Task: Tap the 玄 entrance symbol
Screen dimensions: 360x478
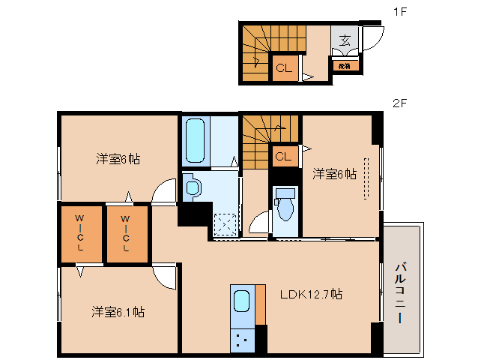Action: coord(345,40)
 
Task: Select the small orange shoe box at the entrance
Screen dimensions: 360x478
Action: coord(345,65)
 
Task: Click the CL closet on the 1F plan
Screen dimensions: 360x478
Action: coord(282,68)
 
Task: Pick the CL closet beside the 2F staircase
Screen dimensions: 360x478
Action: coord(283,157)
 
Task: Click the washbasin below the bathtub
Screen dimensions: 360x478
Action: coord(192,187)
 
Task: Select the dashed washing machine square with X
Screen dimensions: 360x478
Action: coord(225,223)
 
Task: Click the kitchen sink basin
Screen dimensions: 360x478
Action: coord(242,302)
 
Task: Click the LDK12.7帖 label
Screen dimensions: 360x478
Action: coord(312,294)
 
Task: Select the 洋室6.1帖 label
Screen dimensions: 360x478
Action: coord(118,311)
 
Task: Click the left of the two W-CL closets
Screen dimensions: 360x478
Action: coord(79,232)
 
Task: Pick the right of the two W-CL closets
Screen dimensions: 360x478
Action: coord(126,232)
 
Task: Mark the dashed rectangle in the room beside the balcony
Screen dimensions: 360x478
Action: coord(366,178)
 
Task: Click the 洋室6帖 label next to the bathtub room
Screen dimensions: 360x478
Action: coord(118,158)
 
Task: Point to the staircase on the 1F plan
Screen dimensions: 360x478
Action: coord(255,52)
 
